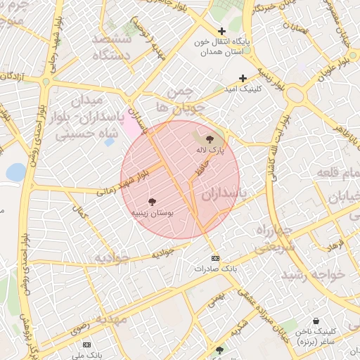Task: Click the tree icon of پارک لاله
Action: (x=210, y=140)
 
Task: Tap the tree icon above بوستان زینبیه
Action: (x=153, y=202)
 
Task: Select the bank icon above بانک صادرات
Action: (x=214, y=258)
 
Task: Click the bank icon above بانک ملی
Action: (x=86, y=345)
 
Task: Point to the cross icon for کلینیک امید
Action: (x=243, y=79)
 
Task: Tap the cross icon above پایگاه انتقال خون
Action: (x=222, y=32)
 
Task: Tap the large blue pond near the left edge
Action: (x=15, y=172)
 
